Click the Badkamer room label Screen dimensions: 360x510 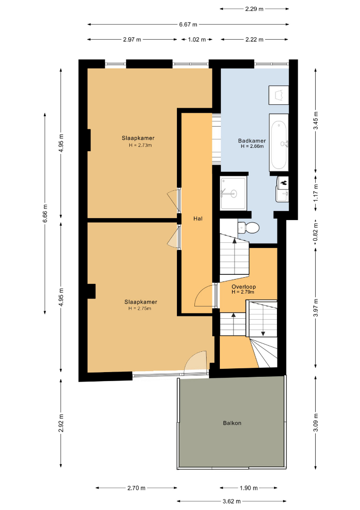click(x=252, y=141)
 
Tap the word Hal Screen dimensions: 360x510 click(x=198, y=219)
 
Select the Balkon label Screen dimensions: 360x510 click(x=232, y=423)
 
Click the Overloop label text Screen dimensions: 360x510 click(x=243, y=287)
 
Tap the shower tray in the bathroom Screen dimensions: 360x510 click(x=233, y=193)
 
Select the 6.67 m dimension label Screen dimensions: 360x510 click(x=188, y=25)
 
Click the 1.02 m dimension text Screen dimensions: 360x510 click(x=197, y=40)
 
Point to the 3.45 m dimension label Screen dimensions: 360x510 click(x=316, y=120)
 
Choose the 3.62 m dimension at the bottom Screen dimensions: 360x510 click(x=232, y=501)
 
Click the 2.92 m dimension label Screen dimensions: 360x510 click(x=61, y=423)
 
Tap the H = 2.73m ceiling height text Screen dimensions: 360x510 click(x=140, y=145)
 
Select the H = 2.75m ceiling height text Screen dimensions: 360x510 click(x=140, y=308)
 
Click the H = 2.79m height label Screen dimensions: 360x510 click(x=243, y=292)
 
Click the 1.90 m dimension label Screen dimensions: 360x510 click(x=249, y=488)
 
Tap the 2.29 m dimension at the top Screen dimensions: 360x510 click(x=254, y=9)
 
